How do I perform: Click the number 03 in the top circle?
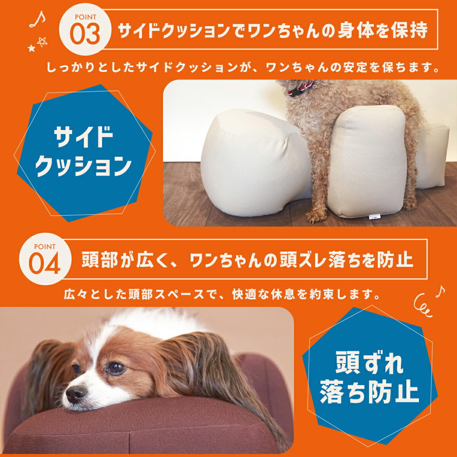coord(85,34)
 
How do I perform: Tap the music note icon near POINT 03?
coord(37,19)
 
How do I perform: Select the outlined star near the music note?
coord(42,42)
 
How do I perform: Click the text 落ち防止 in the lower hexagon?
coord(369,392)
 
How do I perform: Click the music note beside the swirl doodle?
coord(440,291)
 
